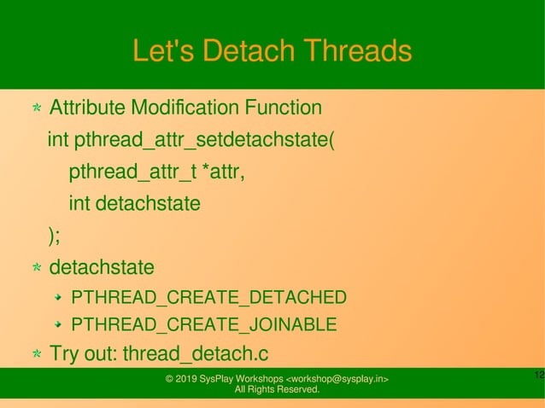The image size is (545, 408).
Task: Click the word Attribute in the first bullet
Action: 85,108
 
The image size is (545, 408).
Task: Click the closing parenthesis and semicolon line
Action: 54,236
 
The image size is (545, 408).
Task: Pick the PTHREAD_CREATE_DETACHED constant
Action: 208,297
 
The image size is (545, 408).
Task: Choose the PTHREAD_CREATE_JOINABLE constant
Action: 203,325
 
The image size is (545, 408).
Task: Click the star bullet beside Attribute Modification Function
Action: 37,109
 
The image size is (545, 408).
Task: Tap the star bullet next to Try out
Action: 37,354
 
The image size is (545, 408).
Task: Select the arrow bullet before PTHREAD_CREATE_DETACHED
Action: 57,297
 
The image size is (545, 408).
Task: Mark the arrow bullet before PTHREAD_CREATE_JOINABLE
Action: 57,325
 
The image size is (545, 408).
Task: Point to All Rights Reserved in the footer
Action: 277,390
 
